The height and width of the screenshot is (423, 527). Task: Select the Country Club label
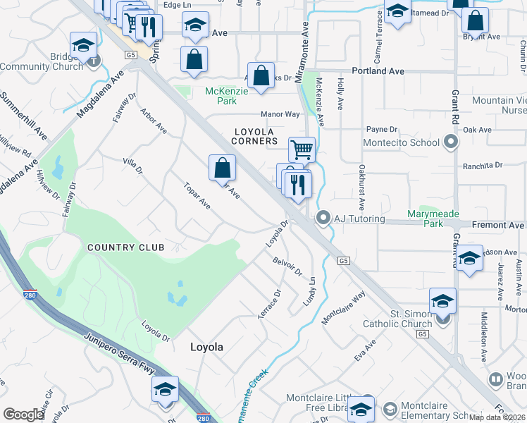pos(126,247)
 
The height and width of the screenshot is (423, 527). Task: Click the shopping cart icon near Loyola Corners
pos(302,149)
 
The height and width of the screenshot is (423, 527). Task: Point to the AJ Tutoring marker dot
pos(323,219)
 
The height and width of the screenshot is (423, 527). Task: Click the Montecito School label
pos(402,142)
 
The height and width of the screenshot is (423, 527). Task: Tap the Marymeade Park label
pos(426,219)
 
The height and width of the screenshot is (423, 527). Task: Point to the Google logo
pos(24,414)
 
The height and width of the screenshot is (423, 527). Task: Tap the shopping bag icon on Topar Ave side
pos(222,168)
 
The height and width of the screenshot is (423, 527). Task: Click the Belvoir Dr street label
pos(287,266)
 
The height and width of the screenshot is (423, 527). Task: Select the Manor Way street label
pos(280,114)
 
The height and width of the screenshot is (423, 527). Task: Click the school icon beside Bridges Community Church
pos(83,45)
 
